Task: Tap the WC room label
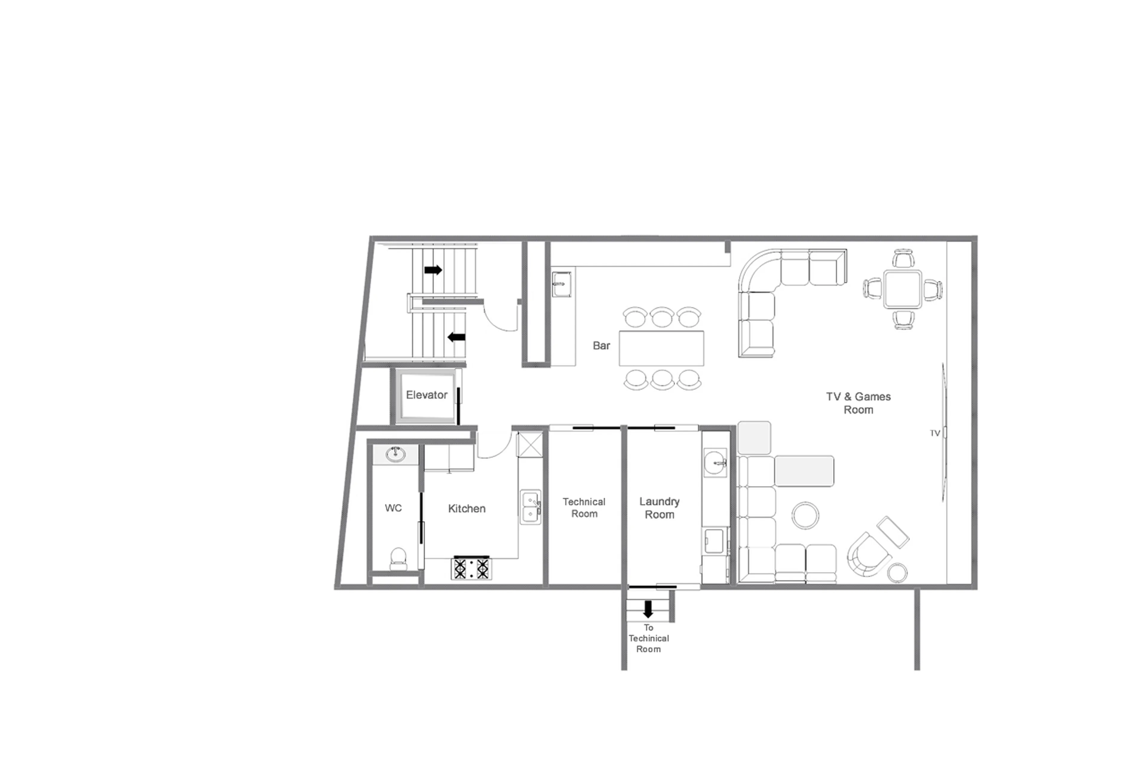[x=393, y=508]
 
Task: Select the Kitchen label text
[x=467, y=509]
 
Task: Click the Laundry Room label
[x=659, y=508]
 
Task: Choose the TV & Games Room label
[x=858, y=403]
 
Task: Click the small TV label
[x=934, y=433]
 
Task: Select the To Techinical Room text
[x=648, y=638]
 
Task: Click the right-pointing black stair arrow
[x=433, y=270]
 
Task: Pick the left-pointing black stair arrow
[x=456, y=337]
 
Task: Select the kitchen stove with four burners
[x=471, y=568]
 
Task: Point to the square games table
[x=902, y=289]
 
